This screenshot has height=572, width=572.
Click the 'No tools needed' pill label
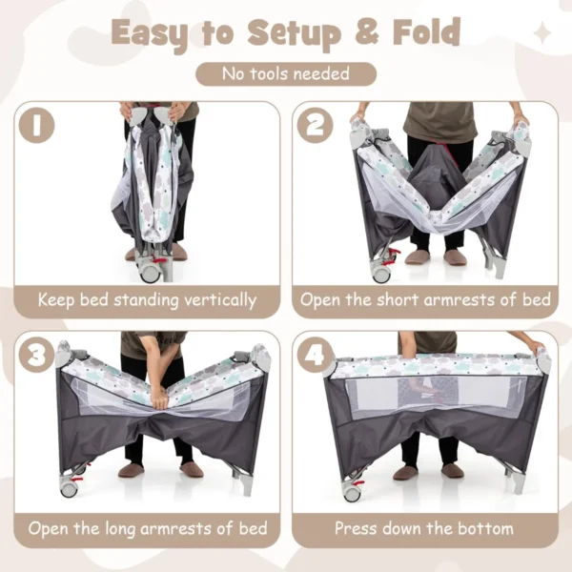coord(286,73)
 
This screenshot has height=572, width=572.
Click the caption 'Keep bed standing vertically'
coord(147,299)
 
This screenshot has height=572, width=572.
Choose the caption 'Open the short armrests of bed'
coord(425,299)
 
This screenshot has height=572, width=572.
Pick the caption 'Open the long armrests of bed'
coord(147,528)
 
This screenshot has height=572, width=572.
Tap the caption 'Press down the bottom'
coord(425,528)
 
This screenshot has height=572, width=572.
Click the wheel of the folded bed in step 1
coord(150,273)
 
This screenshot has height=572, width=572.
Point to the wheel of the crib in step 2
coord(382,274)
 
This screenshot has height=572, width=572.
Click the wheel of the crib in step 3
coord(69,488)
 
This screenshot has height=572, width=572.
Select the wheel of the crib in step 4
coord(352,493)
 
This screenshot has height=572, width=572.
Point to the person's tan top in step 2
coord(439,119)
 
